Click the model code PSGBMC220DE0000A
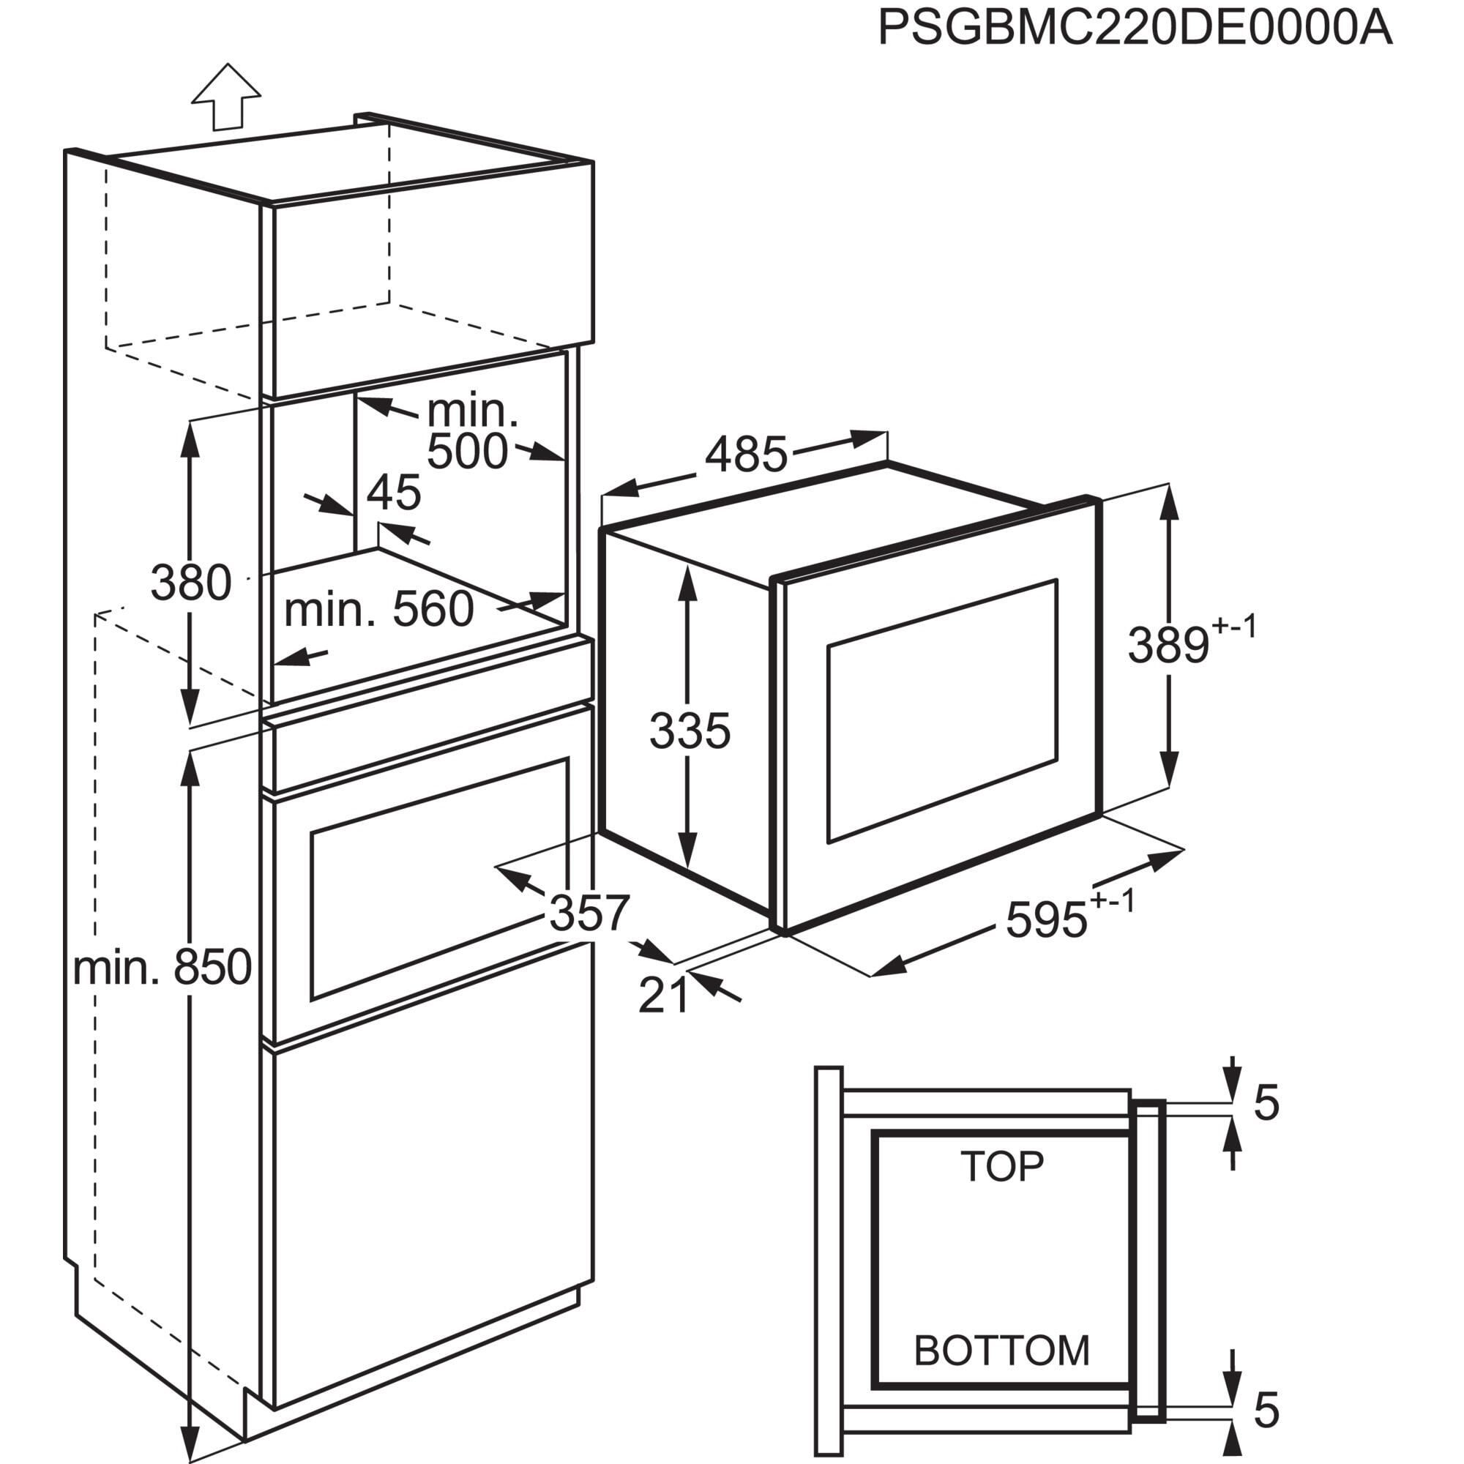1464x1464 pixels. tap(1135, 29)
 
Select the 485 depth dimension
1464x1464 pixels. tap(747, 455)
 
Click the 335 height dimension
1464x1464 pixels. tap(690, 731)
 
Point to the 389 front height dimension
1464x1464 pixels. tap(1168, 646)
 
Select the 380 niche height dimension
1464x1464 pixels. tap(191, 583)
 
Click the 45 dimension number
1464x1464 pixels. tap(393, 493)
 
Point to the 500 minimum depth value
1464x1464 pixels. tap(467, 452)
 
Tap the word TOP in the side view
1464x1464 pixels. tap(1002, 1166)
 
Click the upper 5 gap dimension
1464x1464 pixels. tap(1266, 1102)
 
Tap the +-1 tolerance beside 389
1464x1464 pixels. tap(1234, 627)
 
